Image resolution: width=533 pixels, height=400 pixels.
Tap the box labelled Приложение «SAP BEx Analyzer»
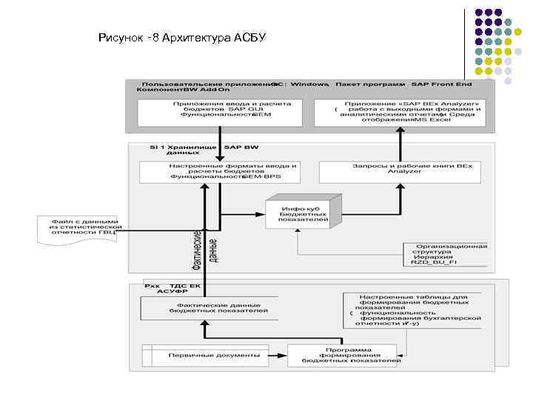(400, 112)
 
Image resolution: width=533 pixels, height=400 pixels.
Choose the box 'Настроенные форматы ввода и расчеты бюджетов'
(221, 172)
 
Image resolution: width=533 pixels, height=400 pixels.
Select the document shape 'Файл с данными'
(78, 229)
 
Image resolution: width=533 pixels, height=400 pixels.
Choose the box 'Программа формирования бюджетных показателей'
(341, 356)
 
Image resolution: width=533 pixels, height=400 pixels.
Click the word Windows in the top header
(309, 84)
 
